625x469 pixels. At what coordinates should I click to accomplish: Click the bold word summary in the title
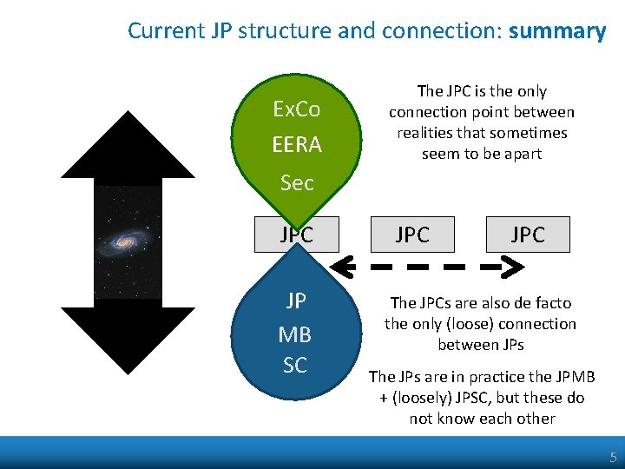(556, 31)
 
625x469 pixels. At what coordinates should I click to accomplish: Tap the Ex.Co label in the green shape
(296, 109)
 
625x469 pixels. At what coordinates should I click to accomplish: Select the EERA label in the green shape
(296, 144)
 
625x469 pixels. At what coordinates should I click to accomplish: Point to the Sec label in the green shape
(296, 182)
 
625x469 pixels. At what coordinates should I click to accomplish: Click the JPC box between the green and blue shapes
(296, 234)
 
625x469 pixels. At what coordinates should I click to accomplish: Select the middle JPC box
(412, 234)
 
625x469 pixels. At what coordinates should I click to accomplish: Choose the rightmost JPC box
(528, 234)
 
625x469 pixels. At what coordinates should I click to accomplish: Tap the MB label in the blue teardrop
(295, 334)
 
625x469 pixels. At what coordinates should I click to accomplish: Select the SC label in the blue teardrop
(295, 366)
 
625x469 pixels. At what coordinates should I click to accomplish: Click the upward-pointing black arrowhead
(128, 139)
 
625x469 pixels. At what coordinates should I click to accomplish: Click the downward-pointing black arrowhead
(128, 339)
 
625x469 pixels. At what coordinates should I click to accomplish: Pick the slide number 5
(613, 457)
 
